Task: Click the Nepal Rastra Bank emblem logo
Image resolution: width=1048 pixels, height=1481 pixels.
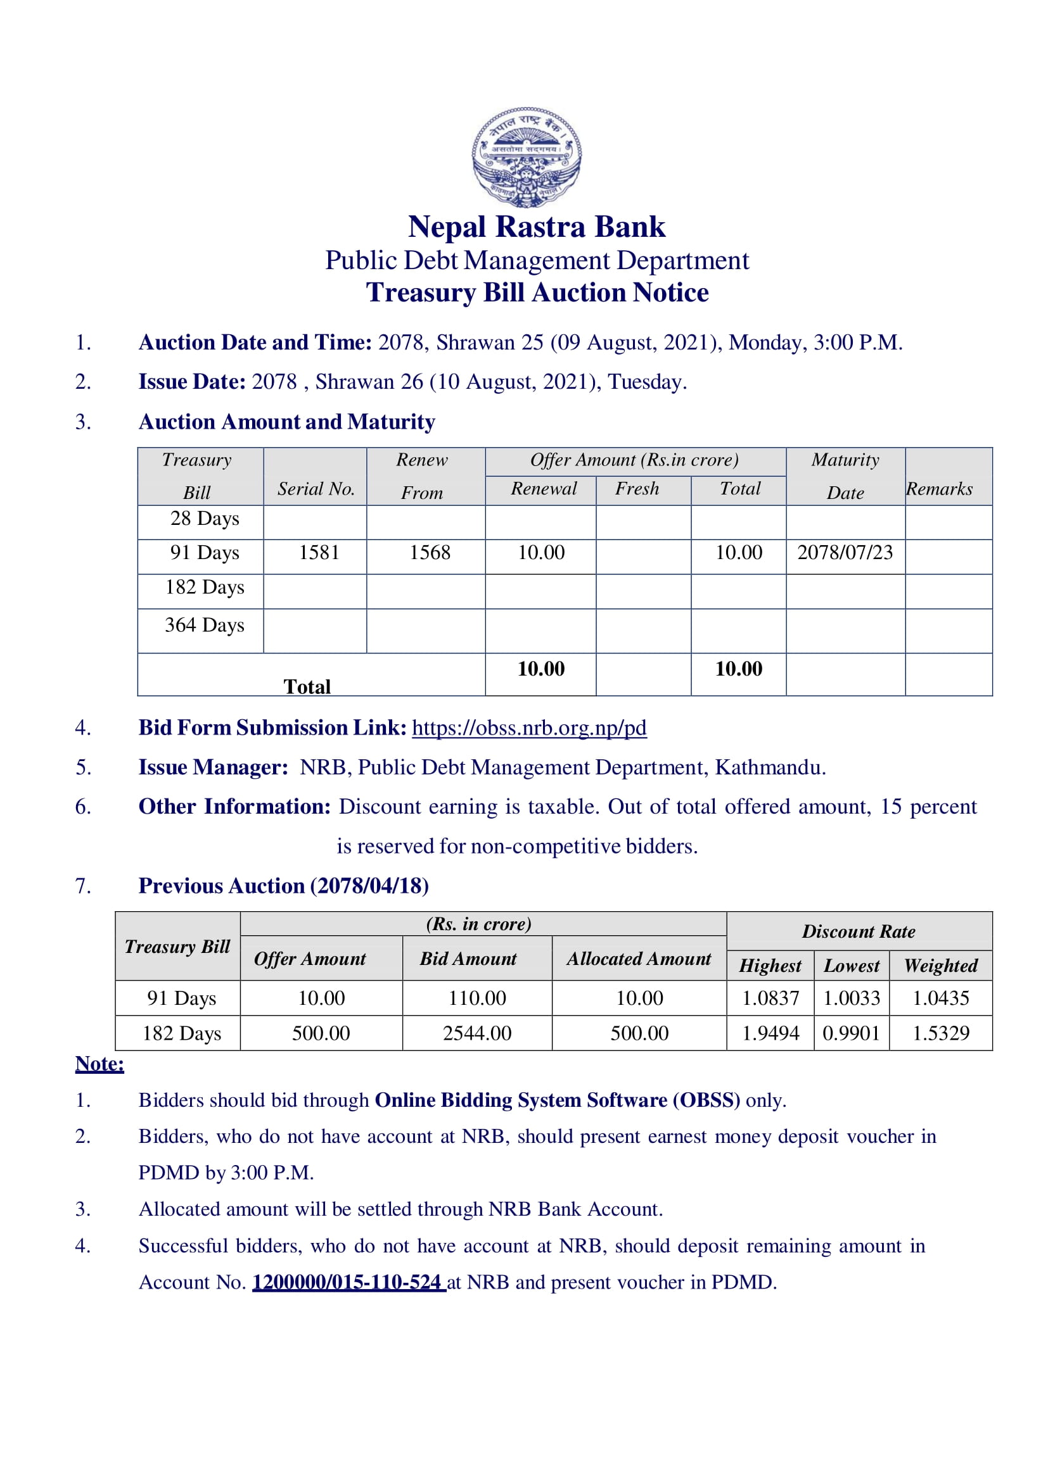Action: pyautogui.click(x=527, y=157)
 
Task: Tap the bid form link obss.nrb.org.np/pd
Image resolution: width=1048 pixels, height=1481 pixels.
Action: pyautogui.click(x=528, y=728)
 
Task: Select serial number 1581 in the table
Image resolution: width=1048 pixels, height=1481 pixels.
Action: pyautogui.click(x=319, y=553)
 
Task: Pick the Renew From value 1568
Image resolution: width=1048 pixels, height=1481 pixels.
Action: pyautogui.click(x=430, y=553)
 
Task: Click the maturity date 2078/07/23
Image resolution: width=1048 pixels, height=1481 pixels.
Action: pyautogui.click(x=845, y=553)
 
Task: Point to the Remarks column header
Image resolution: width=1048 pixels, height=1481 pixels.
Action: pyautogui.click(x=939, y=489)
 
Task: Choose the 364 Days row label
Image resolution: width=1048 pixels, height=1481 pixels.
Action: pyautogui.click(x=204, y=625)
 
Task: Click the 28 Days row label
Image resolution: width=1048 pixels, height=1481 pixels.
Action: pyautogui.click(x=205, y=519)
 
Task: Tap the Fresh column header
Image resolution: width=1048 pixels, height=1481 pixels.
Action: pyautogui.click(x=637, y=489)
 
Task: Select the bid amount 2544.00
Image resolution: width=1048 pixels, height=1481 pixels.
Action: pyautogui.click(x=477, y=1033)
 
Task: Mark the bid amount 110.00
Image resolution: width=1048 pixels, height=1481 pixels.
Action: pyautogui.click(x=477, y=999)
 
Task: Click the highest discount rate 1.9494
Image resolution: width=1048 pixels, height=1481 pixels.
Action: pyautogui.click(x=770, y=1033)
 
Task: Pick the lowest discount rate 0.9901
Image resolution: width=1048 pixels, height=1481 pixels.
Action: pyautogui.click(x=850, y=1033)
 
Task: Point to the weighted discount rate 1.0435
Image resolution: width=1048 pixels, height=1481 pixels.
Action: pyautogui.click(x=940, y=999)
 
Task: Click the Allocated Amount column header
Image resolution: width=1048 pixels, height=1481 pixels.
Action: pyautogui.click(x=639, y=959)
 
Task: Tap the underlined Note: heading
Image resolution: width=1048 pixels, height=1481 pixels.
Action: pyautogui.click(x=99, y=1064)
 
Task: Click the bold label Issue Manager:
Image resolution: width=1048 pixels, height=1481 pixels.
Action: pyautogui.click(x=213, y=767)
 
